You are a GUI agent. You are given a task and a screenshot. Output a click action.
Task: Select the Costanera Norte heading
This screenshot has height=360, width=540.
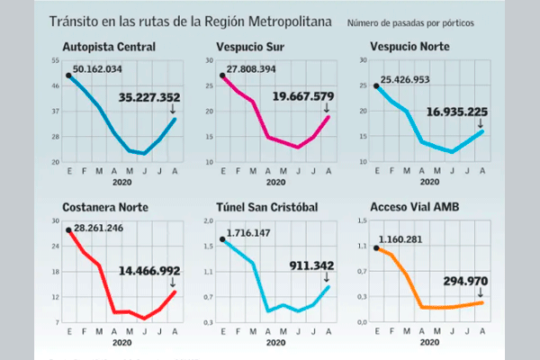click(x=104, y=207)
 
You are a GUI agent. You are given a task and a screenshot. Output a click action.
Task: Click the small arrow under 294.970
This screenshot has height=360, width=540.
click(x=481, y=293)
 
